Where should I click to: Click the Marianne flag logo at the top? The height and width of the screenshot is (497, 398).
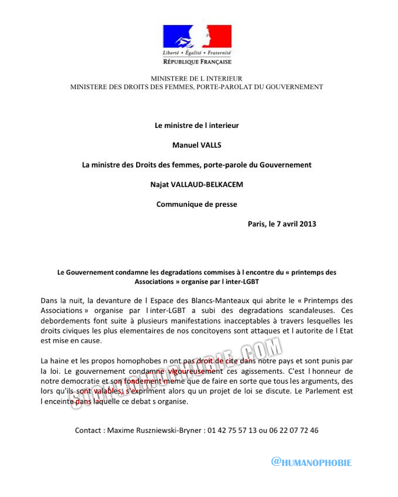197,37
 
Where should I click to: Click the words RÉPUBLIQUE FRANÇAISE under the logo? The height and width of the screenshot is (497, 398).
197,62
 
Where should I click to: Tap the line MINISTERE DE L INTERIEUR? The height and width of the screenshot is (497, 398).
196,78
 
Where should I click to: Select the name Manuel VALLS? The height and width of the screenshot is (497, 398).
196,145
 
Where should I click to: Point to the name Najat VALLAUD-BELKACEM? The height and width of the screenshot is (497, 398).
196,185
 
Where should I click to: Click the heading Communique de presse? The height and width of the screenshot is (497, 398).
196,204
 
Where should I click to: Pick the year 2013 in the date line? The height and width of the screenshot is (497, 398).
307,224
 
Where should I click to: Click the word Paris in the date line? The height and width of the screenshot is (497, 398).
257,224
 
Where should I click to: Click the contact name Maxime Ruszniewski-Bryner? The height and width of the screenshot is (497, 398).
154,430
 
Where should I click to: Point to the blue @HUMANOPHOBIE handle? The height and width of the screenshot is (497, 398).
312,463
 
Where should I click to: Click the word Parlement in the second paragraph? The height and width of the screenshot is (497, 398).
326,391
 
